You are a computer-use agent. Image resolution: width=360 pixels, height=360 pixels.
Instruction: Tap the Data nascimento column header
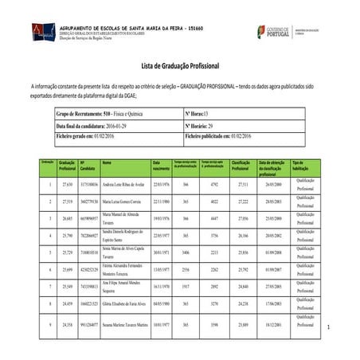click(161, 166)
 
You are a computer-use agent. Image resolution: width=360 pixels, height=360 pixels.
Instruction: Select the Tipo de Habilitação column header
click(303, 166)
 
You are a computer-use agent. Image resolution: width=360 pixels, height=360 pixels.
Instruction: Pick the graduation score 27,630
click(68, 184)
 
